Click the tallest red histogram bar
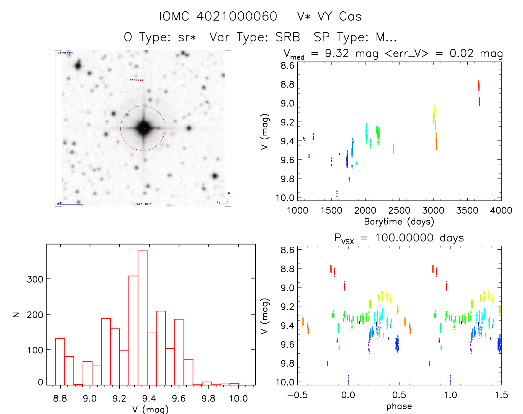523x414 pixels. (x=142, y=318)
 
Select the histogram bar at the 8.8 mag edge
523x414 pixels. (x=60, y=361)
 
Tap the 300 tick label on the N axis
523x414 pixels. (x=35, y=279)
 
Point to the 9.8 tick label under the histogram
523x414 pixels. (x=208, y=398)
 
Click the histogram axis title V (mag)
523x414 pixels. (x=150, y=409)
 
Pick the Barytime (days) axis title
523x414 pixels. (x=399, y=222)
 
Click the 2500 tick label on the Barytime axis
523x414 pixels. (x=399, y=211)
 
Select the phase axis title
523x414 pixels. (x=399, y=406)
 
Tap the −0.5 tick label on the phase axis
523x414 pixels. (x=297, y=395)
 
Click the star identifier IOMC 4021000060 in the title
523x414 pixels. (x=218, y=16)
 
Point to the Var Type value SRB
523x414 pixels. (x=288, y=37)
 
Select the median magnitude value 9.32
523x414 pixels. (x=337, y=53)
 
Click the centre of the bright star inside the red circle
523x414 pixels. (x=143, y=128)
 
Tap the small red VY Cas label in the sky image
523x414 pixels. (x=137, y=80)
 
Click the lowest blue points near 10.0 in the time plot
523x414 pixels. (x=337, y=194)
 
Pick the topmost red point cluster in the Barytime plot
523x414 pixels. (x=479, y=86)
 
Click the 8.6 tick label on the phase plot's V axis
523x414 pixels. (x=287, y=250)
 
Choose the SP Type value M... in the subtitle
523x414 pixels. (x=386, y=37)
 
